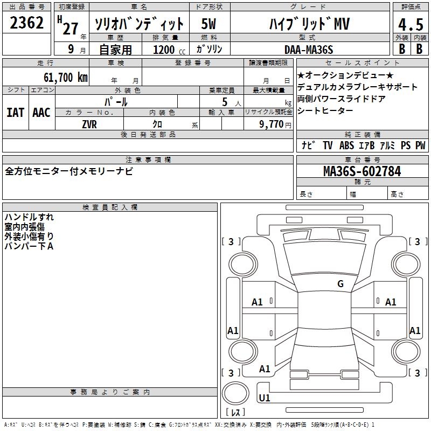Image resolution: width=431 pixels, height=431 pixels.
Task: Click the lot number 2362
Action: (27, 24)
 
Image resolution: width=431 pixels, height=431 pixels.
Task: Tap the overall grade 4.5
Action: (410, 25)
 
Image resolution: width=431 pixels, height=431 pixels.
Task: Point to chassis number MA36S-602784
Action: (362, 171)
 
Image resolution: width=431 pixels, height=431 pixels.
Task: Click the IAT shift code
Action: (15, 113)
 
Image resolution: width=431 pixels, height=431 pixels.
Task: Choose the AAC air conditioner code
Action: (41, 113)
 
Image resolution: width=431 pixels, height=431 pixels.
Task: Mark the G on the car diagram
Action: (340, 284)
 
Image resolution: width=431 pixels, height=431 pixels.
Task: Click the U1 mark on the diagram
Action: (265, 399)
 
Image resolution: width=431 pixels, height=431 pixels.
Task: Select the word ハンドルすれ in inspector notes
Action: (29, 217)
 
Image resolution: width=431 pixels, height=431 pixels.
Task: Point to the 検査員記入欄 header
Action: (110, 207)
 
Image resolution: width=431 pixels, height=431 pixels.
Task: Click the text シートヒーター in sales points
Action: (325, 110)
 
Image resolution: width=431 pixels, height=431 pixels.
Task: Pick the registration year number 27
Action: (70, 28)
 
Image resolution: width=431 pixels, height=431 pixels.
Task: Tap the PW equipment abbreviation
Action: (420, 145)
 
